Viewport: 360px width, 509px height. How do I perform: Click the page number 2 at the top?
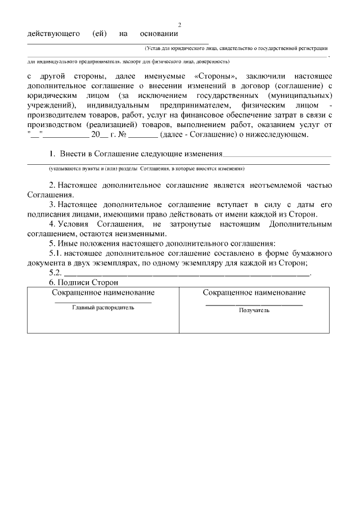180,25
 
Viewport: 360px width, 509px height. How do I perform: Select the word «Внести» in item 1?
72,154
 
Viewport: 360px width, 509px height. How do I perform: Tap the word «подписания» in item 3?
47,214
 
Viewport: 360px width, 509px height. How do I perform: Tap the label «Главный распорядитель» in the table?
103,308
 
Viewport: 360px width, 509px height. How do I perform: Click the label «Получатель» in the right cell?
254,310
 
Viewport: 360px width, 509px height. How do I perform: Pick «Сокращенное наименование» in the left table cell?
103,292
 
